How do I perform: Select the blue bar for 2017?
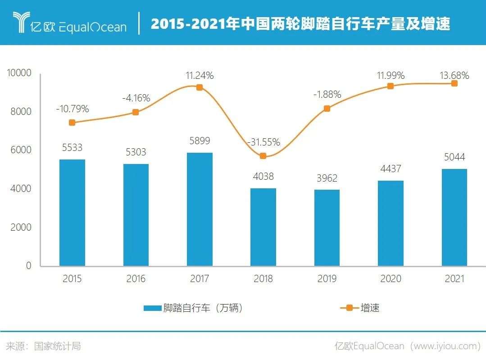pyautogui.click(x=200, y=209)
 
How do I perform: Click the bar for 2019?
pyautogui.click(x=327, y=228)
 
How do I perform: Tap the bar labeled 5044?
pyautogui.click(x=454, y=217)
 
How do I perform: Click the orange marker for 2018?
pyautogui.click(x=263, y=156)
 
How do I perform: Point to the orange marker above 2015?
pyautogui.click(x=72, y=123)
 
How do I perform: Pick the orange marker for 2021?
pyautogui.click(x=454, y=83)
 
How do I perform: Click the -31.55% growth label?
pyautogui.click(x=263, y=142)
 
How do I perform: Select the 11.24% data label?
pyautogui.click(x=200, y=76)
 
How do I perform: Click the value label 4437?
pyautogui.click(x=391, y=169)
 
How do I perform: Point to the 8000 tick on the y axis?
pyautogui.click(x=21, y=111)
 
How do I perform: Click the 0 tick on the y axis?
pyautogui.click(x=28, y=265)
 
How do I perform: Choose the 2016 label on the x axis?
pyautogui.click(x=136, y=279)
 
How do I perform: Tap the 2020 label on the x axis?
pyautogui.click(x=391, y=279)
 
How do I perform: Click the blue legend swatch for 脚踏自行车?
pyautogui.click(x=152, y=308)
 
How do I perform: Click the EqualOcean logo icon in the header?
pyautogui.click(x=20, y=23)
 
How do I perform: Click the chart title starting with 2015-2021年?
pyautogui.click(x=300, y=24)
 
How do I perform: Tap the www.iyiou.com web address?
pyautogui.click(x=446, y=346)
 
